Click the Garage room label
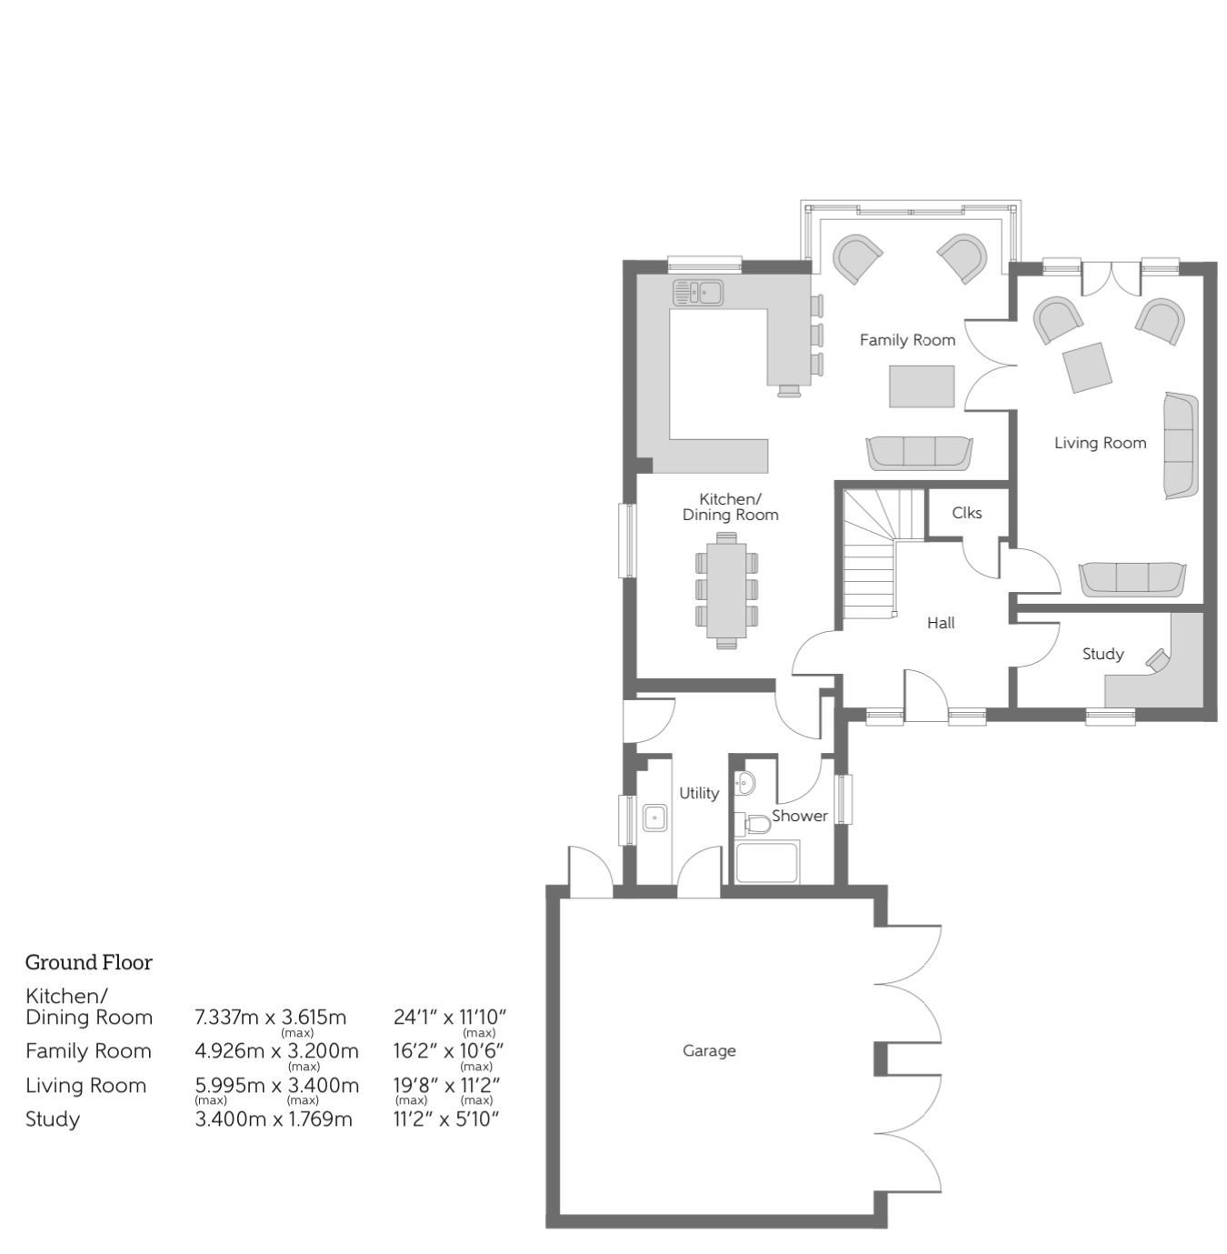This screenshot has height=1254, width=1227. tap(709, 1050)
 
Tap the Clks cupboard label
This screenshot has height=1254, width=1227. tap(966, 513)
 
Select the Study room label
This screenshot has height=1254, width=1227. tap(1102, 654)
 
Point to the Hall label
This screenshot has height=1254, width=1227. tap(941, 623)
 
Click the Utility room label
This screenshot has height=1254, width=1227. tap(699, 793)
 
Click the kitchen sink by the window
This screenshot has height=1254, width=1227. tap(698, 292)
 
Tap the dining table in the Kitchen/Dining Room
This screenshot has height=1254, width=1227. tap(725, 590)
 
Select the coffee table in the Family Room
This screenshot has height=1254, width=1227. tap(922, 386)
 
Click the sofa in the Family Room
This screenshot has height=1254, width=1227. tap(919, 452)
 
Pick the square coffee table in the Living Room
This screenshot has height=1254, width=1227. tap(1087, 367)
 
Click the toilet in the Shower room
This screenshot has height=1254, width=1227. tap(754, 824)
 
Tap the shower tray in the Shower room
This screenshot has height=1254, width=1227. tap(767, 862)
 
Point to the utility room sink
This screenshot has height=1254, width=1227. tap(654, 818)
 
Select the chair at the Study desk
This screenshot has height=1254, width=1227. tap(1157, 659)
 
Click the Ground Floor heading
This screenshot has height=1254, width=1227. tap(88, 962)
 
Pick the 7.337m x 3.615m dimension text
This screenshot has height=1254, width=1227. tap(270, 1017)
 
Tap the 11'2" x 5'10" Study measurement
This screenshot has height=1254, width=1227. tap(446, 1119)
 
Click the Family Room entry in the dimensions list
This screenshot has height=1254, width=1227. tap(88, 1051)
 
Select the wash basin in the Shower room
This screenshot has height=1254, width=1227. tap(744, 781)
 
